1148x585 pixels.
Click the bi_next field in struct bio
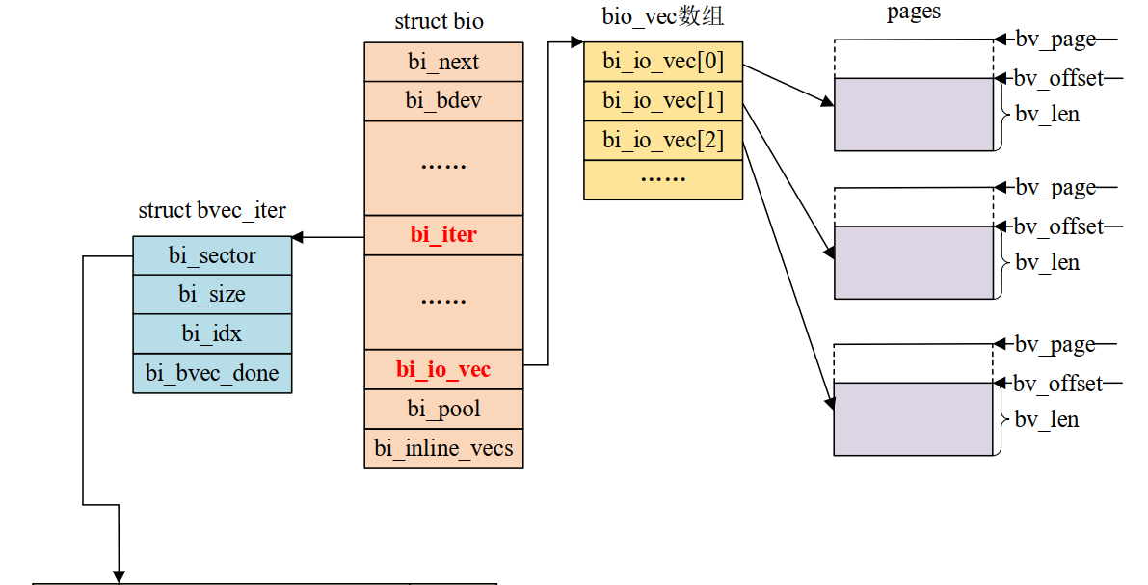(x=443, y=63)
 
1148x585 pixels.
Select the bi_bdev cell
(x=443, y=101)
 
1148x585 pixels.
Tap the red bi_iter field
(x=443, y=235)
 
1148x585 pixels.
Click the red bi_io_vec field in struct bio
(x=443, y=370)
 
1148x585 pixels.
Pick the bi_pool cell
(x=443, y=410)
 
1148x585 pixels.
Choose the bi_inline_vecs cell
(x=443, y=449)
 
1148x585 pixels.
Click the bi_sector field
(x=212, y=256)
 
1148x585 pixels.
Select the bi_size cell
(x=212, y=295)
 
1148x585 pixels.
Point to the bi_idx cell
(x=212, y=334)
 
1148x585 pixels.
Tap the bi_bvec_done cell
(x=212, y=374)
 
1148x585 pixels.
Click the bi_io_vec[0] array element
(x=663, y=63)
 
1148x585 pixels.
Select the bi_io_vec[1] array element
(x=663, y=101)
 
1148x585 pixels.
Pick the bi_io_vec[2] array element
(x=663, y=141)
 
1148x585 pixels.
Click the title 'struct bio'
(x=439, y=21)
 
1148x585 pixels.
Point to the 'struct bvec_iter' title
(x=212, y=210)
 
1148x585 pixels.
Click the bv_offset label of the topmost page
(x=1057, y=78)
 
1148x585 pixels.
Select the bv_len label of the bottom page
(x=1047, y=420)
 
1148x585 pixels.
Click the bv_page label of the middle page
(x=1055, y=187)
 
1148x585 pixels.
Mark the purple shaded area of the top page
(x=913, y=115)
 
